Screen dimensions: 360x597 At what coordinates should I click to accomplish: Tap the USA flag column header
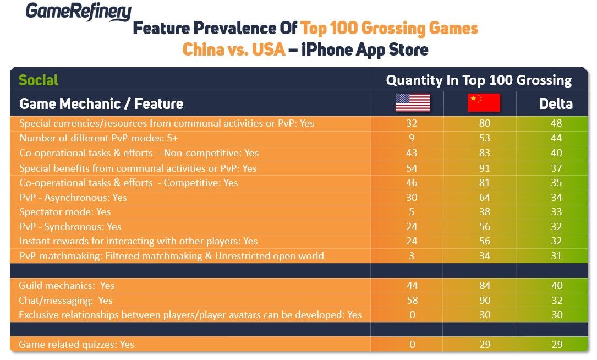pyautogui.click(x=412, y=103)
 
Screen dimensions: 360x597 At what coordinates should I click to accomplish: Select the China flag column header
pyautogui.click(x=484, y=103)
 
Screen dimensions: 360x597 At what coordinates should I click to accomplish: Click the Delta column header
pyautogui.click(x=556, y=103)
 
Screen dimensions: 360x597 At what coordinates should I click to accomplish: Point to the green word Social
pyautogui.click(x=39, y=80)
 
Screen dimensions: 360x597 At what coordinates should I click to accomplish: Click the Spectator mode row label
pyautogui.click(x=65, y=212)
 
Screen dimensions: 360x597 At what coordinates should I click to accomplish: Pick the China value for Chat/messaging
pyautogui.click(x=484, y=301)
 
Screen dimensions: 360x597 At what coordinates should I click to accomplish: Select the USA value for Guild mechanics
pyautogui.click(x=411, y=286)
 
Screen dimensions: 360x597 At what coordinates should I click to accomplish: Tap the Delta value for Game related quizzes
pyautogui.click(x=556, y=345)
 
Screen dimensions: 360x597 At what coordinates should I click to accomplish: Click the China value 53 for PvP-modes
pyautogui.click(x=484, y=138)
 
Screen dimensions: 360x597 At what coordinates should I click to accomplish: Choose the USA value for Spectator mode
pyautogui.click(x=411, y=212)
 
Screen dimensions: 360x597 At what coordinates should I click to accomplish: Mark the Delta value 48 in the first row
pyautogui.click(x=556, y=123)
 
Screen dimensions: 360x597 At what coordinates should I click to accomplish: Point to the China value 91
pyautogui.click(x=484, y=168)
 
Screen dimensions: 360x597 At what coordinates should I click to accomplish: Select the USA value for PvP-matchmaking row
pyautogui.click(x=411, y=256)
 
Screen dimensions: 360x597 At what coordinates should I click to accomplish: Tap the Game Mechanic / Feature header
pyautogui.click(x=101, y=103)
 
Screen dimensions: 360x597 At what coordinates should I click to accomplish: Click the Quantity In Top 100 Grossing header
pyautogui.click(x=479, y=80)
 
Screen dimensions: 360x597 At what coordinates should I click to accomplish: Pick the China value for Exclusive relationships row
pyautogui.click(x=484, y=315)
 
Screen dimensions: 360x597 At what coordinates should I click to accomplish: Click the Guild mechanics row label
pyautogui.click(x=67, y=286)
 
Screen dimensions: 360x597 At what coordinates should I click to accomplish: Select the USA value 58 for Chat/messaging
pyautogui.click(x=411, y=301)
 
